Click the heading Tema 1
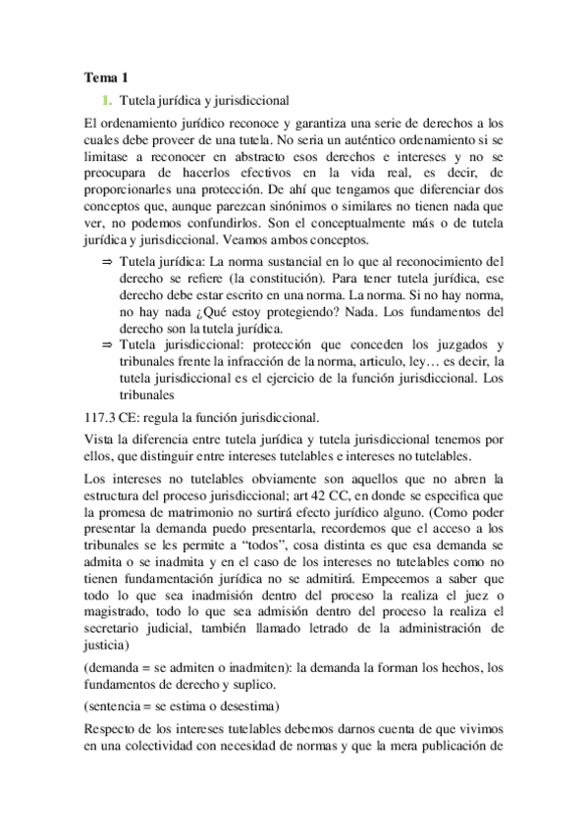point(106,77)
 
